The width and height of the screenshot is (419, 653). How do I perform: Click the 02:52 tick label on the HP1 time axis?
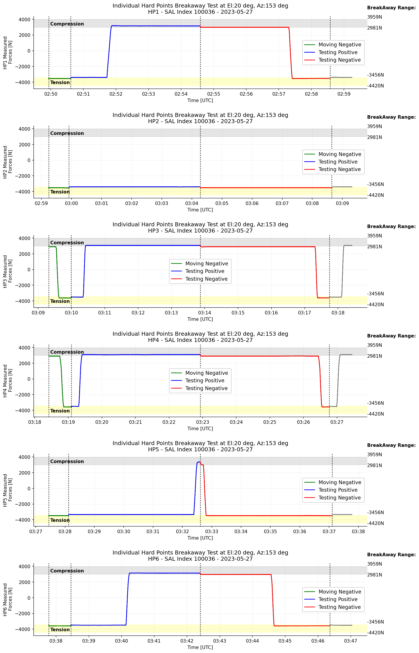(116, 94)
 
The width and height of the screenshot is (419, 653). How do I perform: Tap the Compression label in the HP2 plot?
(67, 133)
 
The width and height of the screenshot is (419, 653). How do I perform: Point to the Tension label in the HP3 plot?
(60, 301)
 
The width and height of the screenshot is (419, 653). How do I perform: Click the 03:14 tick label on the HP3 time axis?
(204, 313)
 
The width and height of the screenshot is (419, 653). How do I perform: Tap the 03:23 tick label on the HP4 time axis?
(203, 422)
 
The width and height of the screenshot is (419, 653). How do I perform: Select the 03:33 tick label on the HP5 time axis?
(211, 531)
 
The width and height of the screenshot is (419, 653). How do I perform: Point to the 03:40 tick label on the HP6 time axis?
(121, 641)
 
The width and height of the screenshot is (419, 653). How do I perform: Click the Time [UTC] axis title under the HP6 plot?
(200, 647)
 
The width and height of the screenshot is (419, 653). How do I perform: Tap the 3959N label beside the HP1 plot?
(374, 17)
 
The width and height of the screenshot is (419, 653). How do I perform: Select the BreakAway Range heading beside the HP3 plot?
(391, 226)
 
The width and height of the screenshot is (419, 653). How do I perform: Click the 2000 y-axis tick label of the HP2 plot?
(25, 145)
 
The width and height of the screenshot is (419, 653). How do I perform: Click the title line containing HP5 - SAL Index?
(200, 450)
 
